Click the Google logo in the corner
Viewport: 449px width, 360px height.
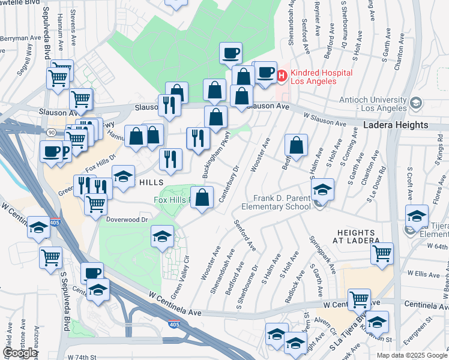[20, 353]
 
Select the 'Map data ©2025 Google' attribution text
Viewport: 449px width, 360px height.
[411, 355]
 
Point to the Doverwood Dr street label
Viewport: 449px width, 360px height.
[127, 220]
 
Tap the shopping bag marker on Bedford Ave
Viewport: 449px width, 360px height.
[296, 145]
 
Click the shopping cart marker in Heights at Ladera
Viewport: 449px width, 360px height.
[382, 253]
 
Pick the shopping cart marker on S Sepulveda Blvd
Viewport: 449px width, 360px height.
[51, 257]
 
